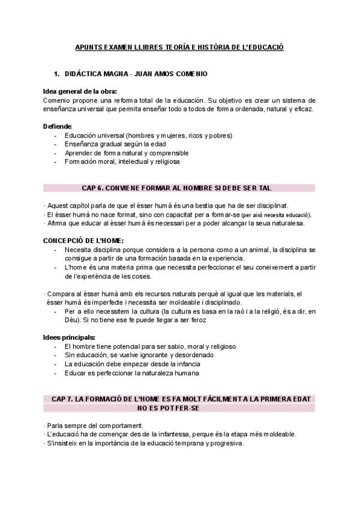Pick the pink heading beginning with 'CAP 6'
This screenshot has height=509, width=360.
pos(175,188)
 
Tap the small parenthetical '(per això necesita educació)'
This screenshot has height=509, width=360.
pos(276,215)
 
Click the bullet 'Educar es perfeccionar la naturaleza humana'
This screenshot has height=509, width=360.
pos(131,372)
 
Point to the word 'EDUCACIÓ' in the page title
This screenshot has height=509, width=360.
pos(268,46)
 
